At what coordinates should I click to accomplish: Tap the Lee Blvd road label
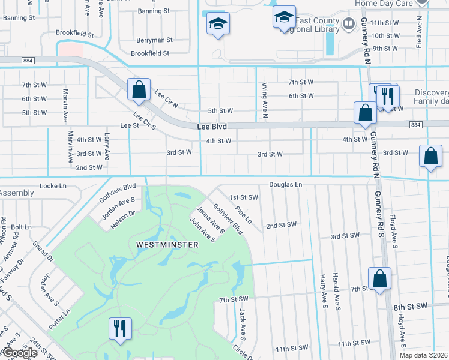click(212, 127)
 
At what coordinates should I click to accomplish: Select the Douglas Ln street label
click(285, 185)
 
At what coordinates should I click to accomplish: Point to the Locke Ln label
click(53, 186)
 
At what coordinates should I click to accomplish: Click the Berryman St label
click(154, 40)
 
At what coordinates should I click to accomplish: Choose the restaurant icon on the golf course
click(119, 329)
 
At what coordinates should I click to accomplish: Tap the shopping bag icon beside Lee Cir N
click(139, 91)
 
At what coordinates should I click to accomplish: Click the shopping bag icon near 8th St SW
click(380, 279)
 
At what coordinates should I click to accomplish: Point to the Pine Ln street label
click(244, 216)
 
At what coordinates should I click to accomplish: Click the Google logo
click(20, 353)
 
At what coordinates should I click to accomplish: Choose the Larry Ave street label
click(107, 146)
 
